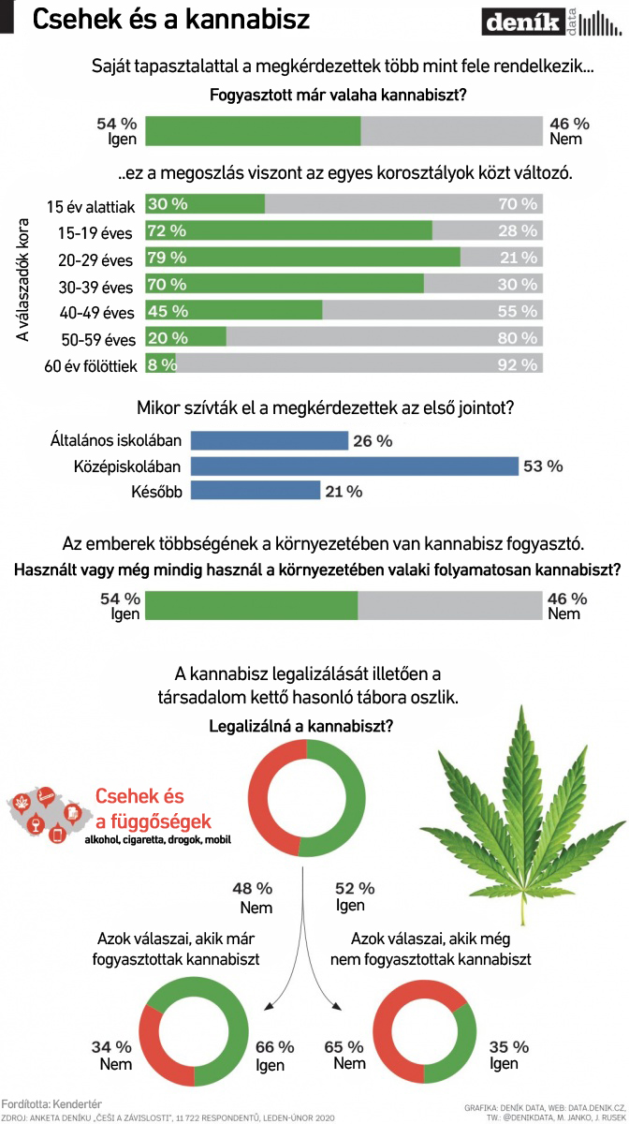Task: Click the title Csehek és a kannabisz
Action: (x=170, y=19)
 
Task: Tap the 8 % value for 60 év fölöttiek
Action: (x=161, y=365)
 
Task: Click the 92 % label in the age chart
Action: (x=519, y=365)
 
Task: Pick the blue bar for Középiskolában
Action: (x=354, y=466)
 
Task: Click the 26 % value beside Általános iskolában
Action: (x=373, y=441)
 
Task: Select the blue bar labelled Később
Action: (x=255, y=491)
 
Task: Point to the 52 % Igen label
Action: (x=354, y=896)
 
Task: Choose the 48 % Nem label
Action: (x=255, y=897)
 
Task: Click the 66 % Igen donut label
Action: (x=274, y=1055)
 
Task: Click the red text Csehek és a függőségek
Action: (x=153, y=809)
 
